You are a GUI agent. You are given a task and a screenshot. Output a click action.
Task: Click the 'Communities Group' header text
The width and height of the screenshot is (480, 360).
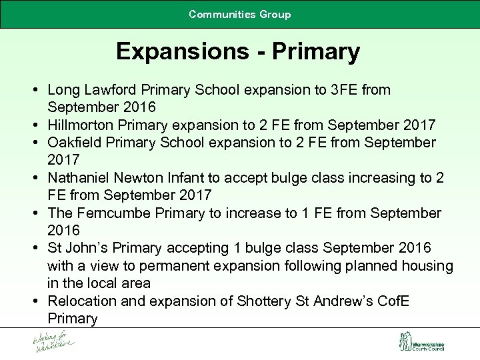[x=240, y=14]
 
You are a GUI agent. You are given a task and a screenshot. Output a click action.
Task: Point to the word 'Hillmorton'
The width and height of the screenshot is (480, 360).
[x=82, y=125]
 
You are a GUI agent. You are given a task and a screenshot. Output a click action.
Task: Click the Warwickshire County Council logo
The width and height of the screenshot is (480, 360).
[x=421, y=343]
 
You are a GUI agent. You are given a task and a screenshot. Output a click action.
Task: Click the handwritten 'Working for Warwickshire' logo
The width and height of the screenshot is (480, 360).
[x=54, y=343]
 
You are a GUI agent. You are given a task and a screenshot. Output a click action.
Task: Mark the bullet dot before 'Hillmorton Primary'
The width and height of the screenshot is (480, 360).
[x=33, y=125]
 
